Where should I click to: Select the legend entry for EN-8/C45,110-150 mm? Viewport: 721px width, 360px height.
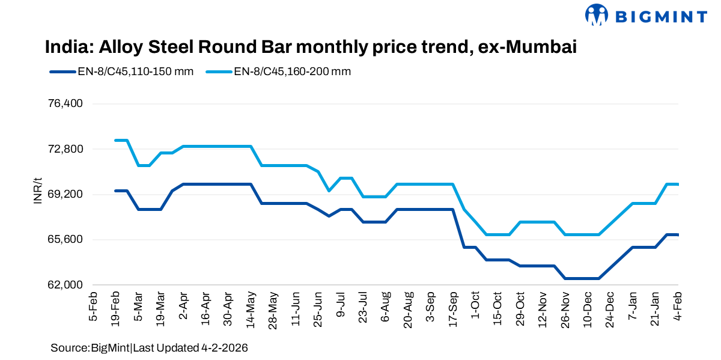click(122, 72)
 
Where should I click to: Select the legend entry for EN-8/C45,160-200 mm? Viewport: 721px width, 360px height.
click(279, 72)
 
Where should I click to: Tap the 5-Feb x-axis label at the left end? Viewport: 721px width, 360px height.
click(93, 308)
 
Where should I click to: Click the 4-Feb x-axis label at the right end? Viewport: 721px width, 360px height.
click(678, 308)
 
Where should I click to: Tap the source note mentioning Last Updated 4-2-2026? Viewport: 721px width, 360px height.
click(150, 348)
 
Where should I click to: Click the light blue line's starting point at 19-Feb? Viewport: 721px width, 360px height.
click(115, 140)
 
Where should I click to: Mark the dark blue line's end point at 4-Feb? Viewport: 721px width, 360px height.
click(678, 234)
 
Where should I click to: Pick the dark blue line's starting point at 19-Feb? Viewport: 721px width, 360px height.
click(115, 191)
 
